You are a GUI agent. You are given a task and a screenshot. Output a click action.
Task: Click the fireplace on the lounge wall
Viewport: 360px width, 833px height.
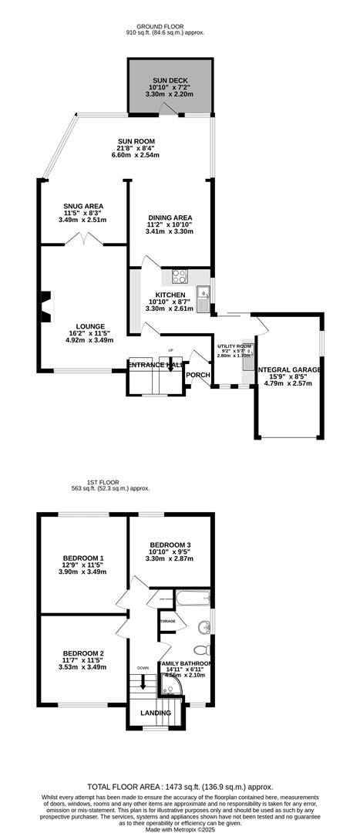point(47,305)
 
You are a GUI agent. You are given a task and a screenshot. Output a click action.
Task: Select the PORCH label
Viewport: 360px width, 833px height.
point(197,375)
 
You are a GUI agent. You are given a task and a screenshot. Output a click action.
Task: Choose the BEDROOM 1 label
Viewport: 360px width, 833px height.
point(83,558)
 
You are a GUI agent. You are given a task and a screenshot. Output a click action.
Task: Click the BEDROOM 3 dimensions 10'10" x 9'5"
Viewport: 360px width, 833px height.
point(170,551)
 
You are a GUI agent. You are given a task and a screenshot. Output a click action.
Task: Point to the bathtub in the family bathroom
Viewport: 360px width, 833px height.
point(184,599)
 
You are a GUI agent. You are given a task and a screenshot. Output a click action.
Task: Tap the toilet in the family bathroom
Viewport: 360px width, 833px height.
point(203,649)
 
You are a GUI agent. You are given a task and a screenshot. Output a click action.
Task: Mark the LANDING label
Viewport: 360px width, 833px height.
point(156,713)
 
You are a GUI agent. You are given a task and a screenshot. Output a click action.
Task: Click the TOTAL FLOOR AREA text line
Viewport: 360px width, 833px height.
point(180,782)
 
